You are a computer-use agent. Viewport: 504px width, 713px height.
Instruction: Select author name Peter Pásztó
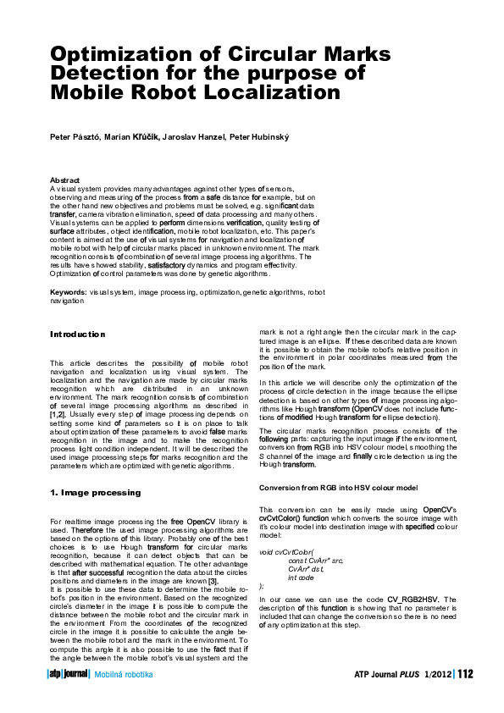coord(75,137)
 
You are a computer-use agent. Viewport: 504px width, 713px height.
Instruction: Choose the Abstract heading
coord(65,180)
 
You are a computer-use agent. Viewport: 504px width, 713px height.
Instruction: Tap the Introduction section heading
coord(78,334)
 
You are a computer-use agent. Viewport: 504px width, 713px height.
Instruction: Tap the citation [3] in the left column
coord(213,580)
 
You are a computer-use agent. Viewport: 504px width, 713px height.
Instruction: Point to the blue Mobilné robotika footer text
coord(124,674)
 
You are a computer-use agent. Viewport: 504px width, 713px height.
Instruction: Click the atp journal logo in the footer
coord(67,674)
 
